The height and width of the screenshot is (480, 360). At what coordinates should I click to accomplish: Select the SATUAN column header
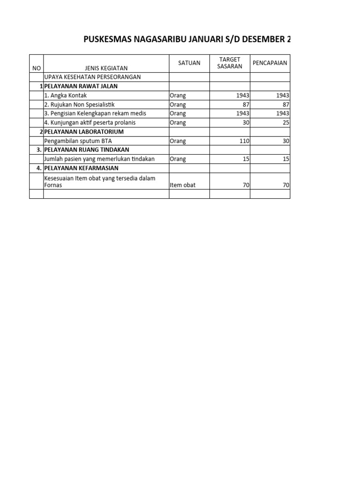pos(189,63)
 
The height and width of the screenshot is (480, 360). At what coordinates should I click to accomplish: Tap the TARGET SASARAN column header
pos(230,63)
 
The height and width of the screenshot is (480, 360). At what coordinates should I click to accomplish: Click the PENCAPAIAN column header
pos(270,63)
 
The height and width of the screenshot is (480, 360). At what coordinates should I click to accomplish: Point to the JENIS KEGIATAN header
pos(106,68)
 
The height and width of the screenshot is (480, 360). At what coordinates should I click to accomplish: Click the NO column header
pos(36,68)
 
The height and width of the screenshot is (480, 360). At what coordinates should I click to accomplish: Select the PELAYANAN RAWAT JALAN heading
pos(81,86)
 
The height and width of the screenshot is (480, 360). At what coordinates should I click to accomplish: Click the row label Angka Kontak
pos(65,96)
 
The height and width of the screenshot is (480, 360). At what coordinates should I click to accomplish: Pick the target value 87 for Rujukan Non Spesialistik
pos(243,105)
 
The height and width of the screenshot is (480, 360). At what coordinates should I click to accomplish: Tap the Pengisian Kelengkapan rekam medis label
pos(95,113)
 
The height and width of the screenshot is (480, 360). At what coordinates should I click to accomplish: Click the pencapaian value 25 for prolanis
pos(286,123)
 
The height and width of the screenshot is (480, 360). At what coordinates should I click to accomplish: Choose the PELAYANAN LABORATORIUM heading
pos(83,132)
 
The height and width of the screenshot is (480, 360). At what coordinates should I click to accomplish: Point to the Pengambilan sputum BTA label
pos(78,141)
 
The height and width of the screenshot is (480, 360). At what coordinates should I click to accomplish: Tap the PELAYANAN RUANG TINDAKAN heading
pos(87,150)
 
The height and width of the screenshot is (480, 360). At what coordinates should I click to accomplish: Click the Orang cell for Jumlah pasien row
pos(178,159)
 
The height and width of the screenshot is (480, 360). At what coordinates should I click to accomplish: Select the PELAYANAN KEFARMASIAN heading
pos(81,168)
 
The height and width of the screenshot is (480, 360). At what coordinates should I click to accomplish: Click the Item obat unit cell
pos(183,185)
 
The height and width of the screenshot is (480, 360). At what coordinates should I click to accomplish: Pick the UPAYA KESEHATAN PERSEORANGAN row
pos(92,77)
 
